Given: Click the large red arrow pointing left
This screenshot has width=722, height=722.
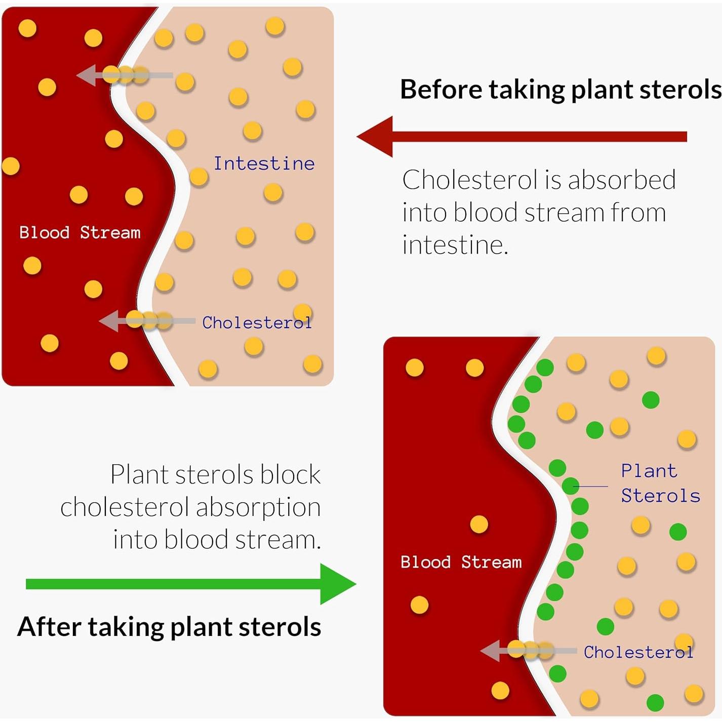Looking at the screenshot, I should (x=522, y=136).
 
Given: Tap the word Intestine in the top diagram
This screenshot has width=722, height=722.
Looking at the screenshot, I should (x=264, y=164).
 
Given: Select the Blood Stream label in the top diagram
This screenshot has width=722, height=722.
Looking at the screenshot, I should (x=80, y=232).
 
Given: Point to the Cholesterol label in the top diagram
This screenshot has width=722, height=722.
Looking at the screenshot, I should (x=257, y=323).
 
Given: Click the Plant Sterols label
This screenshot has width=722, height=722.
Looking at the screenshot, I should (x=660, y=484).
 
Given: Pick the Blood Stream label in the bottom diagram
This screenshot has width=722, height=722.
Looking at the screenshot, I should (x=461, y=562).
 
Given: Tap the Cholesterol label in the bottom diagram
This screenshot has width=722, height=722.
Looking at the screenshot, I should (x=638, y=652).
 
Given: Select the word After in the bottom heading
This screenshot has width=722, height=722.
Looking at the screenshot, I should (x=49, y=627).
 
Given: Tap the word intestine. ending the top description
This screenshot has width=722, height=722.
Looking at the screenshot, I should (x=455, y=245).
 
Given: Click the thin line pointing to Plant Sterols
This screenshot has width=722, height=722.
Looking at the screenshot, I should (x=590, y=487).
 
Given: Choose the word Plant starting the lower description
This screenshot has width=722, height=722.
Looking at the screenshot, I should (x=139, y=475).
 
